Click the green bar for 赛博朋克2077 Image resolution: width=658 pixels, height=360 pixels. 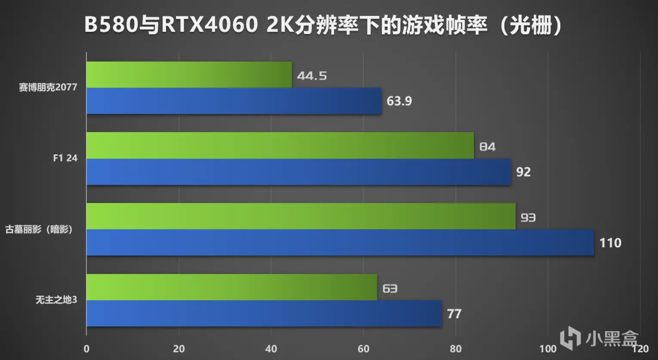pyautogui.click(x=189, y=75)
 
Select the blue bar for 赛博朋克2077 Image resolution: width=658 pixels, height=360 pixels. pyautogui.click(x=234, y=101)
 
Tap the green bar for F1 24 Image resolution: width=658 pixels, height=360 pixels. pyautogui.click(x=280, y=146)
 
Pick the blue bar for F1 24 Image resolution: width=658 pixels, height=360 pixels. pyautogui.click(x=299, y=172)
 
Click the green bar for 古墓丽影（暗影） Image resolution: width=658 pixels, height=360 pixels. pyautogui.click(x=301, y=216)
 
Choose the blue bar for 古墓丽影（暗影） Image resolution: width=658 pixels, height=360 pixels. pyautogui.click(x=340, y=243)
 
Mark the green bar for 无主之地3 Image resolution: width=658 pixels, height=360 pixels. pyautogui.click(x=232, y=287)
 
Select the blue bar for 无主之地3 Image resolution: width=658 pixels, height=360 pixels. pyautogui.click(x=264, y=313)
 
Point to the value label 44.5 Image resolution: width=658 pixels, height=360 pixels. pyautogui.click(x=312, y=76)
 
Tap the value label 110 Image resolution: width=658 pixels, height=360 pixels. pyautogui.click(x=611, y=243)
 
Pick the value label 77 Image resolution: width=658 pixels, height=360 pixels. pyautogui.click(x=454, y=314)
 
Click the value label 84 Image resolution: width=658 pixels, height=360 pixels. pyautogui.click(x=487, y=147)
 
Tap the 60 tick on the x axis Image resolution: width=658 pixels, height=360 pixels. pyautogui.click(x=363, y=349)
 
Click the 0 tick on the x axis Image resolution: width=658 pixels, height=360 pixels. pyautogui.click(x=87, y=349)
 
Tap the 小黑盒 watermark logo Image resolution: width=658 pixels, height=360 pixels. pyautogui.click(x=599, y=337)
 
